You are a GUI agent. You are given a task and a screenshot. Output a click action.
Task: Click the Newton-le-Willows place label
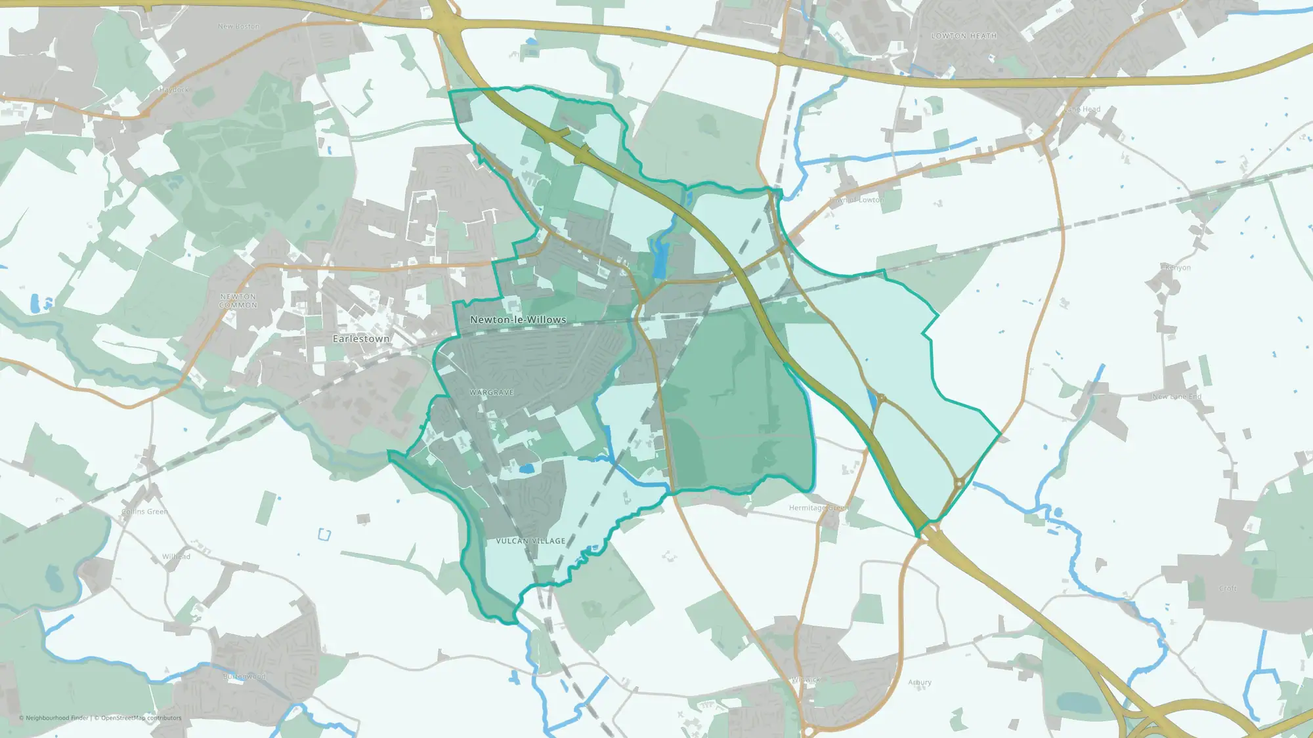coord(518,320)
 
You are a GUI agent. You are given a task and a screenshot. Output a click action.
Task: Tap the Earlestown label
coord(361,339)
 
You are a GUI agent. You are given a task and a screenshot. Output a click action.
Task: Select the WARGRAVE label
coord(492,392)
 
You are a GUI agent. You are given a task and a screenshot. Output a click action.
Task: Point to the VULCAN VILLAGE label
coord(530,541)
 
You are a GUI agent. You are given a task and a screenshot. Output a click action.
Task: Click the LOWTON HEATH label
coord(964,36)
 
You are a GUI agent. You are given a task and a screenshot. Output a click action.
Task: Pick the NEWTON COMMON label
coord(238,301)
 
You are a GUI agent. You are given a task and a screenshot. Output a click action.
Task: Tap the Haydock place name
coord(174,90)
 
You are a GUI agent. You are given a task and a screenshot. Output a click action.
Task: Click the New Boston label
coord(238,27)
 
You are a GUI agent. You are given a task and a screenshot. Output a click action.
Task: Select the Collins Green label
coord(144,512)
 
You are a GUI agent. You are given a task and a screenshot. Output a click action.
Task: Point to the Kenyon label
coord(1177,268)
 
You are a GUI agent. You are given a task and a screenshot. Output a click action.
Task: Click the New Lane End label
coord(1176,397)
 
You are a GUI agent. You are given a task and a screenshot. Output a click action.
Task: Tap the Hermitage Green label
coord(818,508)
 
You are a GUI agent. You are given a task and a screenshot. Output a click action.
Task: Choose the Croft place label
coord(1228,588)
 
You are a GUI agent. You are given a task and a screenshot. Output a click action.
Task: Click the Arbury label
coord(920,682)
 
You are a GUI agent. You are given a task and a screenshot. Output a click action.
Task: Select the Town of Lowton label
coord(856,200)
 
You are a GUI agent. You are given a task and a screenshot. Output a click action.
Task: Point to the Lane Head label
coord(1083,110)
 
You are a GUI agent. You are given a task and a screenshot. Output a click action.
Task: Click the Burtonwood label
coord(245,676)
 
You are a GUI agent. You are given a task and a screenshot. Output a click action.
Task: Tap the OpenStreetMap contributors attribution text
coord(141,718)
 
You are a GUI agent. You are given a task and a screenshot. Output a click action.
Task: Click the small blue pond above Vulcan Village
coord(526,469)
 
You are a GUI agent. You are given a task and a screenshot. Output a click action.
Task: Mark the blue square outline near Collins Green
coord(324,534)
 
